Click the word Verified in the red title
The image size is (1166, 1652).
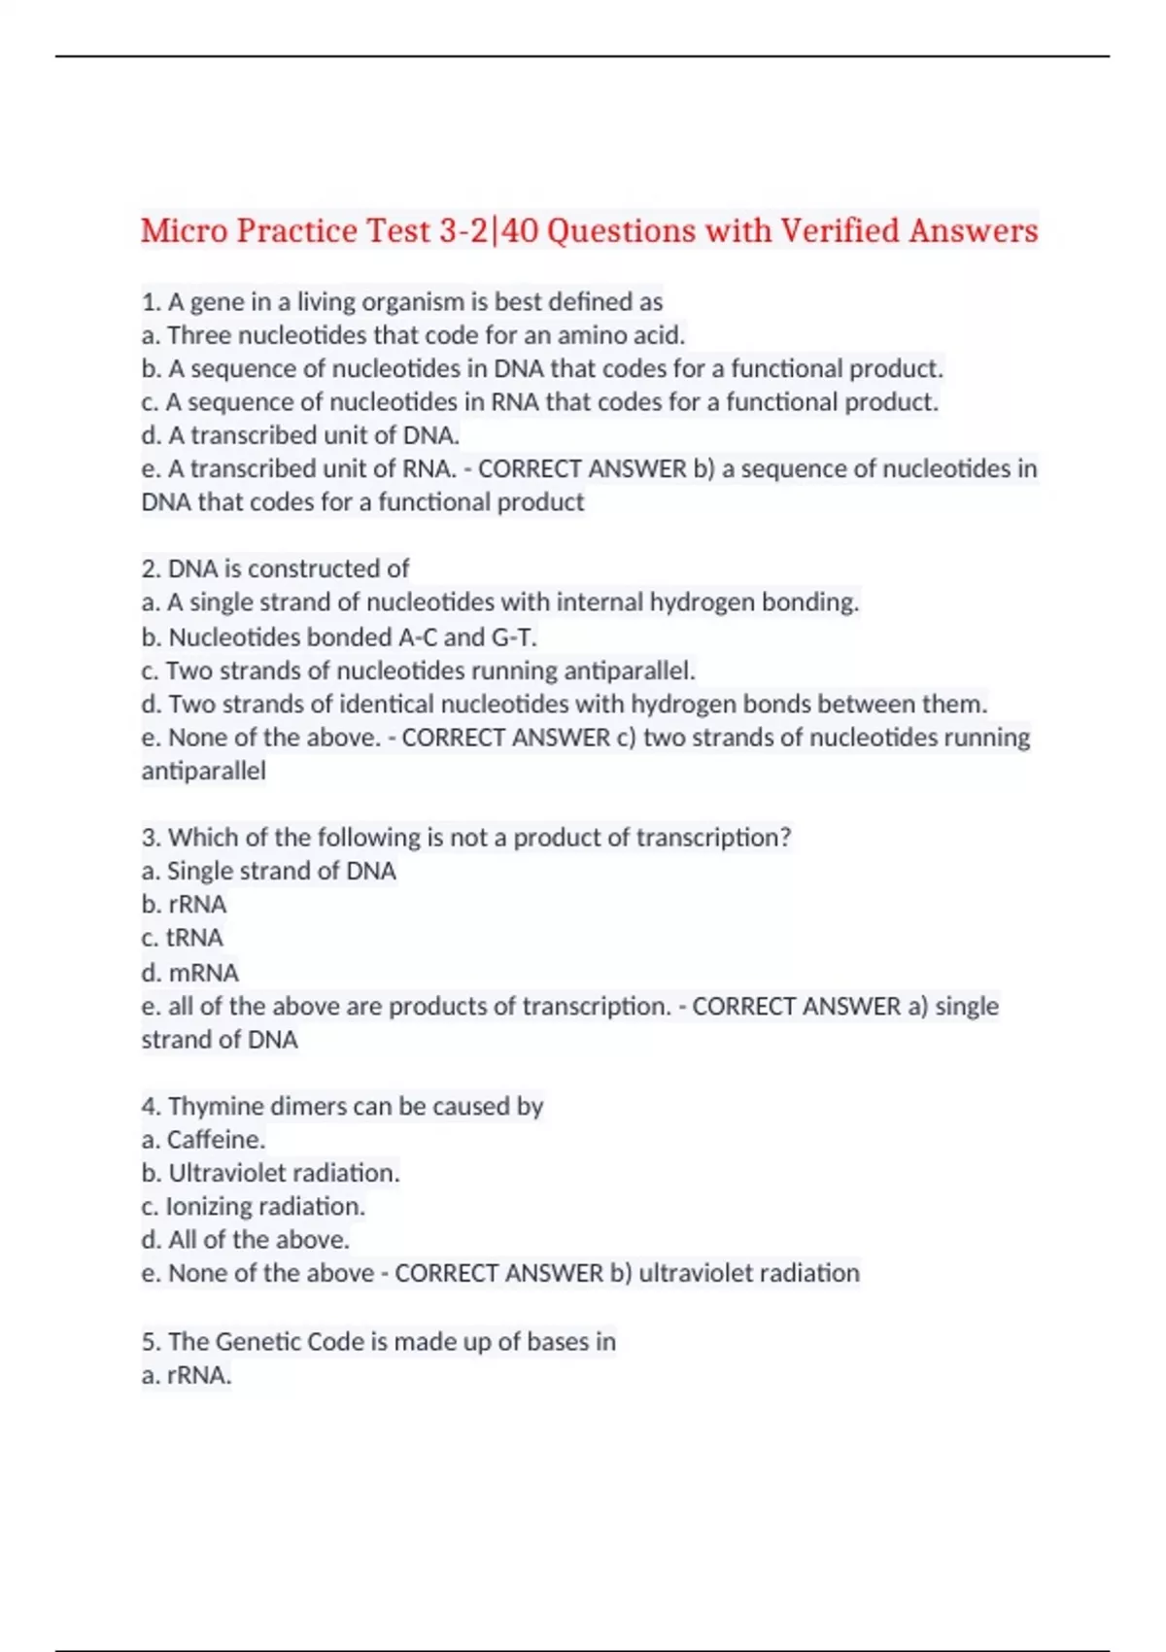[840, 231]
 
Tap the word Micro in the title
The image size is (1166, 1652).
[182, 231]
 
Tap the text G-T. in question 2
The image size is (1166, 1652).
[515, 637]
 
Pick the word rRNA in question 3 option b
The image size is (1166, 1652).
[197, 905]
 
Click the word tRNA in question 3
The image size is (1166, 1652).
[194, 938]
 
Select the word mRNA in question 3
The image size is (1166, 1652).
[203, 973]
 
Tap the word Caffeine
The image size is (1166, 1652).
[216, 1140]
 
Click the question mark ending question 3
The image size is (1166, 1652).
[784, 838]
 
